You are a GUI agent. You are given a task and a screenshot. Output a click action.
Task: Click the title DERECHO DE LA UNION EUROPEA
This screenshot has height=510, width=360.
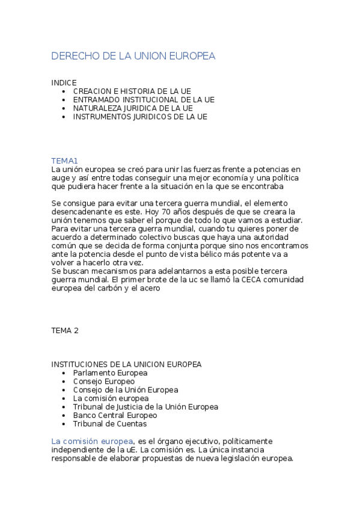pos(133,56)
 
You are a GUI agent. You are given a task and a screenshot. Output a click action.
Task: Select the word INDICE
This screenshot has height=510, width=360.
pos(64,82)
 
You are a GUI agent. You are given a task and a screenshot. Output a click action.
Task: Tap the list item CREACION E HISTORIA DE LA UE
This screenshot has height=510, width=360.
pos(132,91)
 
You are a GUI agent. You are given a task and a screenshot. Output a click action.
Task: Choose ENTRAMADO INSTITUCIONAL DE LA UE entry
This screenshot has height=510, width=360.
pos(144,99)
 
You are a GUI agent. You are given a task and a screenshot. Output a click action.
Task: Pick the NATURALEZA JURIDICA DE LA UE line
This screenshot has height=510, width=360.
pos(133,108)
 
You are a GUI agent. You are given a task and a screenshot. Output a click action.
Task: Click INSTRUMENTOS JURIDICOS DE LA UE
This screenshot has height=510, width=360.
pos(140,117)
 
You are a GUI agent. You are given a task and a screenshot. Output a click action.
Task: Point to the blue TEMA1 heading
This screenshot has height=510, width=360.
pos(65,161)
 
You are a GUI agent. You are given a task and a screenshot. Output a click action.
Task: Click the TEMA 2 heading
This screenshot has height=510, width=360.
pos(65,330)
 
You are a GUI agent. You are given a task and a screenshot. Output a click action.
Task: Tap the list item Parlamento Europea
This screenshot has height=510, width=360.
pos(110,373)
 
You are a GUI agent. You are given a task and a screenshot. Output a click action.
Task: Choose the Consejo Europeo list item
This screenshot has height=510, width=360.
pos(104,381)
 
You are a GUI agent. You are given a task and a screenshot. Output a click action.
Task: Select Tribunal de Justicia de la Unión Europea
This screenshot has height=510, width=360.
pos(145,407)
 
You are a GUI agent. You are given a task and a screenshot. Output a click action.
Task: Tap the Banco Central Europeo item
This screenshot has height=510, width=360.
pos(115,415)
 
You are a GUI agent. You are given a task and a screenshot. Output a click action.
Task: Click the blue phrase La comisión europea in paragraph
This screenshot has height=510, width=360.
pos(92,441)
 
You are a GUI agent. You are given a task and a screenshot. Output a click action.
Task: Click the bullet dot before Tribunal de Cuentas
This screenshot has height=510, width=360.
pos(64,423)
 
